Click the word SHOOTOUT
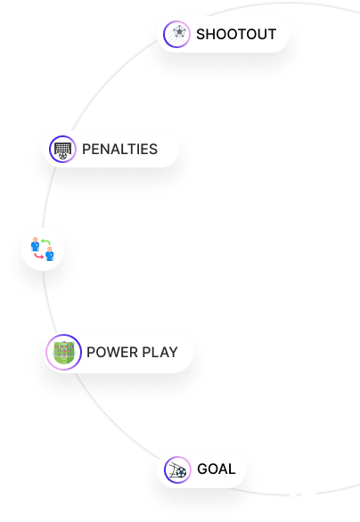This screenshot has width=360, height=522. (x=236, y=34)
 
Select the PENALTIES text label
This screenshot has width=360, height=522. (x=119, y=149)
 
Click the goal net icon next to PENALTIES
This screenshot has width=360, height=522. (x=62, y=148)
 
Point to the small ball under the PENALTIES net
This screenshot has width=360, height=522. (x=62, y=155)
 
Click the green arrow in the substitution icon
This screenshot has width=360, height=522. (x=45, y=242)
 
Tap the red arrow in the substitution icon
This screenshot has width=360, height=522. (x=39, y=256)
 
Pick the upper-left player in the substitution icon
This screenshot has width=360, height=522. (x=35, y=244)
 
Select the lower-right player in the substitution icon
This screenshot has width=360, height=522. (x=50, y=254)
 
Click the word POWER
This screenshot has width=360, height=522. (x=111, y=352)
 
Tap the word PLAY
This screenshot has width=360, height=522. (x=160, y=352)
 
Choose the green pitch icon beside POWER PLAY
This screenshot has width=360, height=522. (x=63, y=352)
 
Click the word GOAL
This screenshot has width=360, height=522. (x=217, y=469)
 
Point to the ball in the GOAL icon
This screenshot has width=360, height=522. (x=181, y=472)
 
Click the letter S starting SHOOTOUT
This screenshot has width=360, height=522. (x=200, y=34)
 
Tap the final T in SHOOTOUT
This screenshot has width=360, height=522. (x=272, y=34)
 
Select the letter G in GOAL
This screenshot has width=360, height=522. (x=202, y=469)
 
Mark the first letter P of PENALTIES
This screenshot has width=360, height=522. (x=86, y=149)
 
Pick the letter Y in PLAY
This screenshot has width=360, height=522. (x=173, y=352)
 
